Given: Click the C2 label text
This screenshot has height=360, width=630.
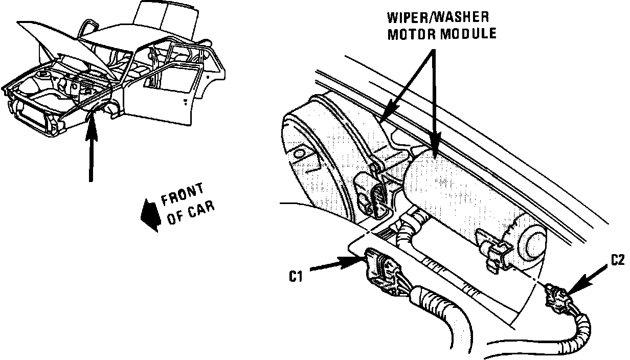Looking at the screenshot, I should pyautogui.click(x=617, y=261).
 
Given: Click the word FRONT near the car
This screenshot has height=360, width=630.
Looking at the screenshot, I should pyautogui.click(x=182, y=195).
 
